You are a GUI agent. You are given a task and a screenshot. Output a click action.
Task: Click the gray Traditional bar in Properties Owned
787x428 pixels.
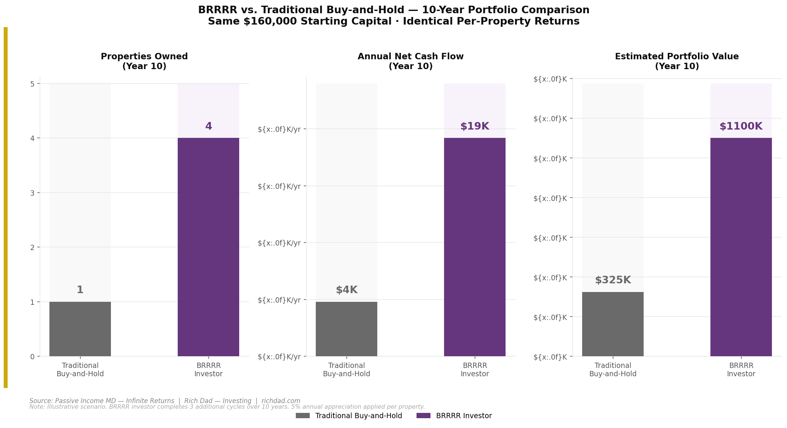coord(80,329)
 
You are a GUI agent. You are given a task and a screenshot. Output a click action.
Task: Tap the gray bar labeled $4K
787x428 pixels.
coord(346,329)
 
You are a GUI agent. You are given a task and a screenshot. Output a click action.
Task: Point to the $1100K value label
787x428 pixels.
coord(741,127)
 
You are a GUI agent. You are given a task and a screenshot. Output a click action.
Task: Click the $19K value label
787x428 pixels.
coord(475,127)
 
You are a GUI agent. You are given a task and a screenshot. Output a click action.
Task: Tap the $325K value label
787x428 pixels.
coord(613,280)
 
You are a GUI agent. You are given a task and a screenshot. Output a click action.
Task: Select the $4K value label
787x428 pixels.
coord(346,290)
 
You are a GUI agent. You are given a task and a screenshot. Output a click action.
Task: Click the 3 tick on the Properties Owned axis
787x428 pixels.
coord(32,193)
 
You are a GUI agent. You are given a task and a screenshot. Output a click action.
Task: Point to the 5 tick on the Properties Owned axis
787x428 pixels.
coord(32,84)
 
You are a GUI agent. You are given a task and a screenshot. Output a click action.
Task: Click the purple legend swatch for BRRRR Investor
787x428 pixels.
coord(423,416)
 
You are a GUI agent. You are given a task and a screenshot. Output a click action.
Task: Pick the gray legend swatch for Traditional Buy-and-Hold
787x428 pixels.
coord(303,416)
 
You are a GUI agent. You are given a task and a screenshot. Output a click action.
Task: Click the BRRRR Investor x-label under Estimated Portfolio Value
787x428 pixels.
coord(741,370)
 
